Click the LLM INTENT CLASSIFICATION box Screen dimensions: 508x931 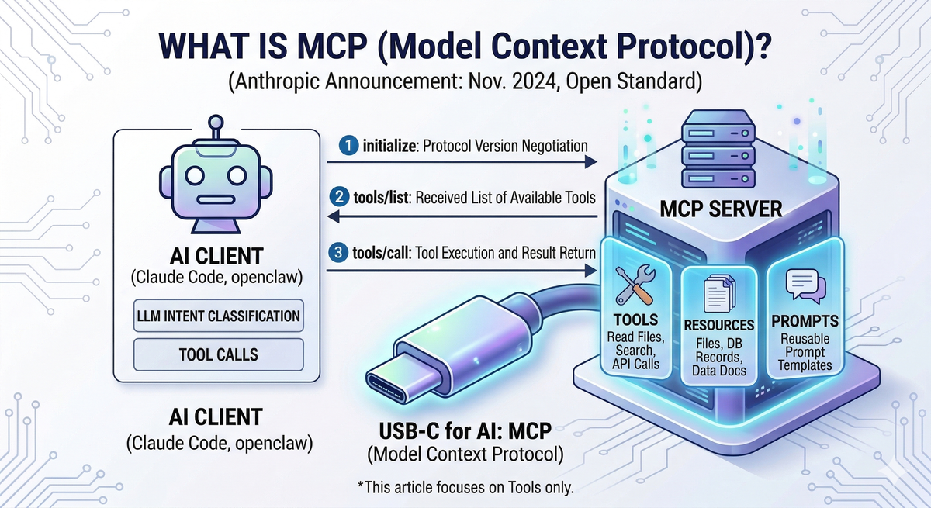point(217,316)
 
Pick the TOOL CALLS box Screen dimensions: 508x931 point(217,355)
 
